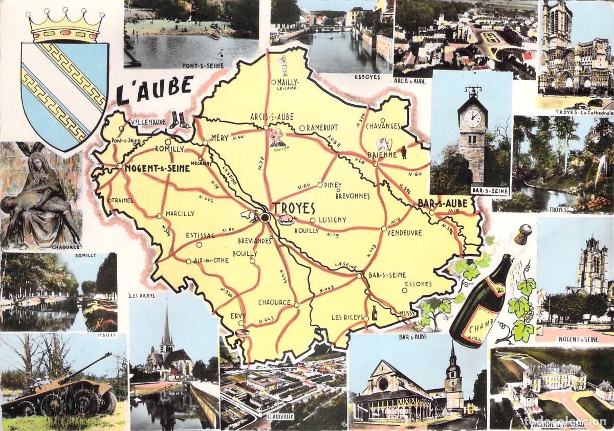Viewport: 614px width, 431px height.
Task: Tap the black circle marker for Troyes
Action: pyautogui.click(x=265, y=218)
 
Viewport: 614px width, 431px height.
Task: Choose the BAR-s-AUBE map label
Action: pyautogui.click(x=443, y=203)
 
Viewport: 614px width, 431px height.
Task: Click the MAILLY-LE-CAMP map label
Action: pyautogui.click(x=288, y=84)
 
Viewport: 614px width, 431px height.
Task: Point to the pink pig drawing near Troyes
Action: pyautogui.click(x=286, y=220)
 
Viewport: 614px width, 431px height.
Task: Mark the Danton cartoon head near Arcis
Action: pyautogui.click(x=276, y=137)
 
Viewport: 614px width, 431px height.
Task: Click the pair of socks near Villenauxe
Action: pyautogui.click(x=180, y=120)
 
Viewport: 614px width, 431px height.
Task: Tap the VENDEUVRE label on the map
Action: pyautogui.click(x=404, y=233)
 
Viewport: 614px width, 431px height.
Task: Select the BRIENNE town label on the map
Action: pyautogui.click(x=382, y=154)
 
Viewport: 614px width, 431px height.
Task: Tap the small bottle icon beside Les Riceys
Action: pyautogui.click(x=375, y=313)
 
